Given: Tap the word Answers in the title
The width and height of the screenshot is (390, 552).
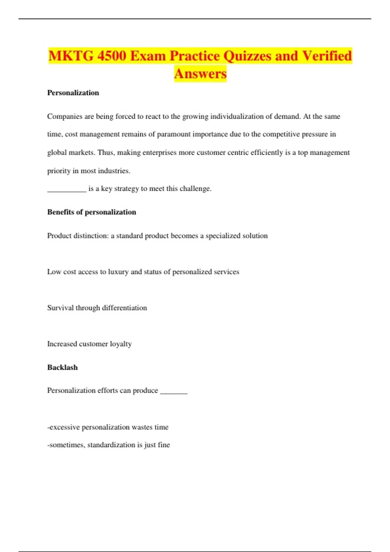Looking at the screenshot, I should click(200, 73).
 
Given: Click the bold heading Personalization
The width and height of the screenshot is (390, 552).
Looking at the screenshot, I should click(73, 93).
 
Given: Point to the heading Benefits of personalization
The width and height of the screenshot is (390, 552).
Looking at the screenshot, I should click(92, 212).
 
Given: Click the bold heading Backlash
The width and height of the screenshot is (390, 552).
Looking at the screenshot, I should click(62, 367).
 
